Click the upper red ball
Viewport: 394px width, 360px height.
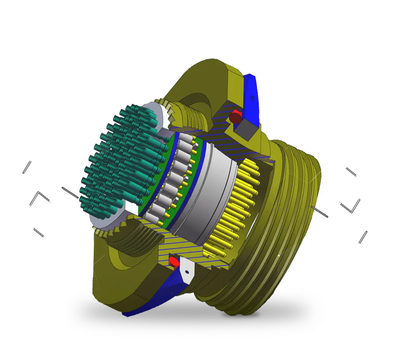coord(236,117)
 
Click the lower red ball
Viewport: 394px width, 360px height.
coord(174,261)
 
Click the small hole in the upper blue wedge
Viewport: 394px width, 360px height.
coord(252,99)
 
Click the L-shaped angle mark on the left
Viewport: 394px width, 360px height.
coord(39,197)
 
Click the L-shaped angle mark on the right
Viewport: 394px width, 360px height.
coord(351,206)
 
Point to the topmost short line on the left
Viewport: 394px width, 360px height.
coord(27,167)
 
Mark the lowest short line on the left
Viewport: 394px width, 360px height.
coord(39,233)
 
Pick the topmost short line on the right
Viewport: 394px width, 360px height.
coord(351,172)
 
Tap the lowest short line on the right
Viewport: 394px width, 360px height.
coord(363,237)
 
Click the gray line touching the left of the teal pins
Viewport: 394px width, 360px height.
coord(70,192)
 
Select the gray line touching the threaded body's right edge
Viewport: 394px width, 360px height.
coord(319,212)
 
